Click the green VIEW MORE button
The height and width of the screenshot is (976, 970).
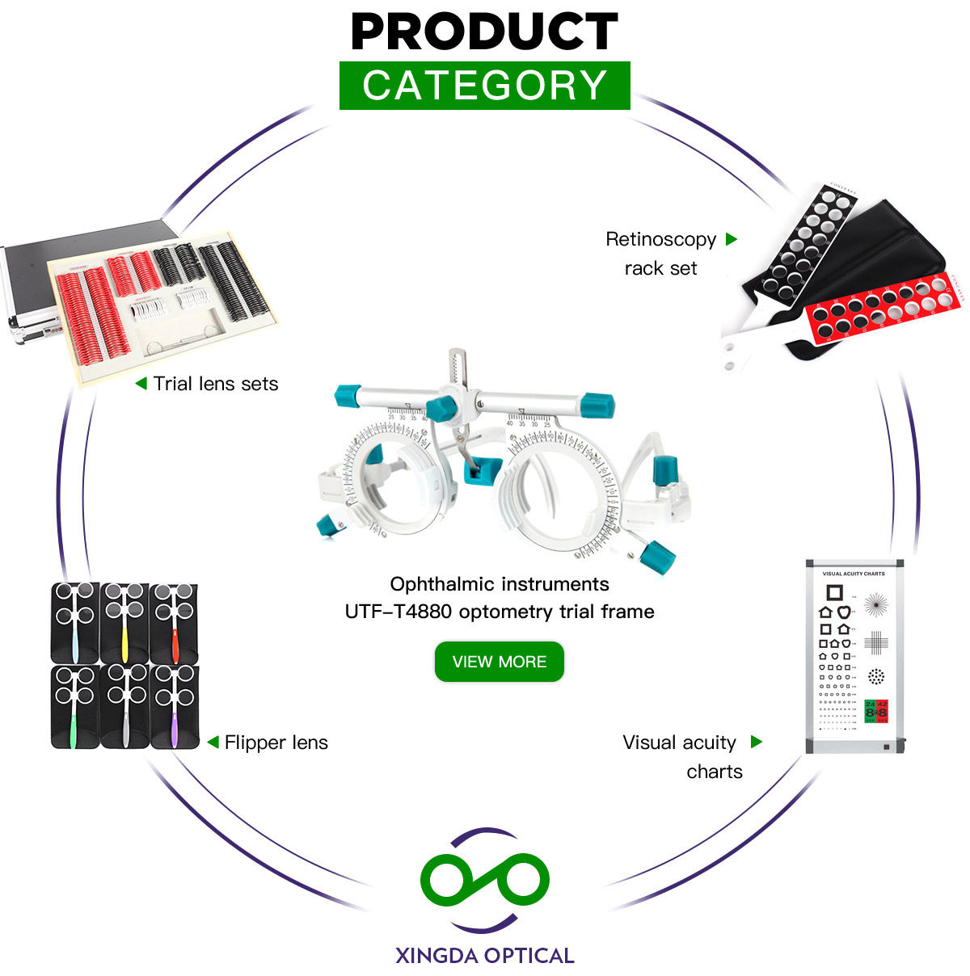click(499, 662)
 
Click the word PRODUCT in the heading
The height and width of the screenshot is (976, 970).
click(484, 32)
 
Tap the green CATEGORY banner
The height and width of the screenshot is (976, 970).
click(484, 85)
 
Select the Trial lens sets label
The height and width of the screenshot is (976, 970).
click(216, 384)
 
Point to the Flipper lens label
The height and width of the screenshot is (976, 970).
click(276, 743)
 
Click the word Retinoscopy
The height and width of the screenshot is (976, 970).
click(660, 239)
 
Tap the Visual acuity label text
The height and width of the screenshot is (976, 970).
click(679, 743)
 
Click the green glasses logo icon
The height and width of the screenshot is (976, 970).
click(484, 880)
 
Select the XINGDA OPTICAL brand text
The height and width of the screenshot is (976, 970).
click(484, 956)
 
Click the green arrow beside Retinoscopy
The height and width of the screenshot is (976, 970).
click(732, 239)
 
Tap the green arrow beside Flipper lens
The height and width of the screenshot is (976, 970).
click(213, 742)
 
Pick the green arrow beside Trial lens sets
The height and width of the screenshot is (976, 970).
click(141, 383)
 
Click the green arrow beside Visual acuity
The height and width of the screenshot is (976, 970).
click(757, 742)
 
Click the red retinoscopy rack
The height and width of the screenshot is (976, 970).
click(885, 310)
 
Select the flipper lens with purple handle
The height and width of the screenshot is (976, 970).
click(174, 705)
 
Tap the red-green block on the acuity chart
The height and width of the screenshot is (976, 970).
click(876, 710)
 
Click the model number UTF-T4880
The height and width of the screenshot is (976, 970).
click(398, 612)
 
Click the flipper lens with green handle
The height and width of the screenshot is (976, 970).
click(75, 705)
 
